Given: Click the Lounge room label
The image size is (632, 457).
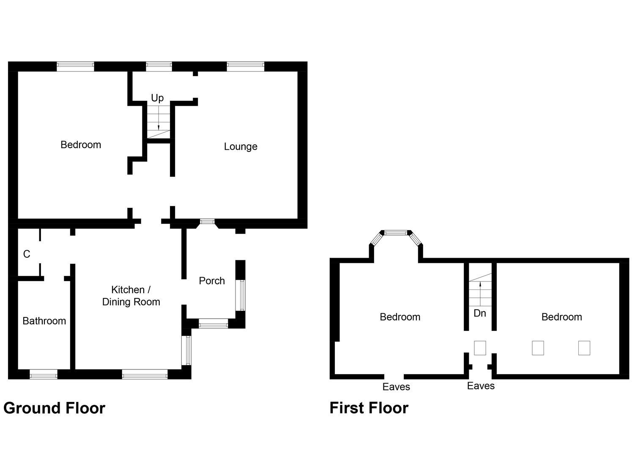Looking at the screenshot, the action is (241, 147).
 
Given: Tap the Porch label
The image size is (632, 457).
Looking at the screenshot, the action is (212, 281).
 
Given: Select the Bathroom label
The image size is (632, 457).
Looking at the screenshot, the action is (44, 321).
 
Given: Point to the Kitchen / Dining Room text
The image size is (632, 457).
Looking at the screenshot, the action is (131, 296).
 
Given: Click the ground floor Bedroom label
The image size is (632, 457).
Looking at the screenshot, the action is (81, 145).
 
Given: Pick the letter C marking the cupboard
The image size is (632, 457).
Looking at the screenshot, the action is (27, 254).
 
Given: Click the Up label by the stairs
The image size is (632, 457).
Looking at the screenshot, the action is (157, 98).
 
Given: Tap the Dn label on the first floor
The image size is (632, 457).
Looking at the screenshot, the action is (480, 314).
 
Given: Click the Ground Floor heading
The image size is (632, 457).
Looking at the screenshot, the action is (54, 408).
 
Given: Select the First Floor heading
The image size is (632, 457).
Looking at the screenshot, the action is (369, 408).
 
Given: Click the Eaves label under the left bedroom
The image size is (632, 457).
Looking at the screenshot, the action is (396, 387).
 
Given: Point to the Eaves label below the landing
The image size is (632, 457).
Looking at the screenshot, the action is (481, 386).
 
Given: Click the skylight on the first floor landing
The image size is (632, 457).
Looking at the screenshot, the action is (480, 348).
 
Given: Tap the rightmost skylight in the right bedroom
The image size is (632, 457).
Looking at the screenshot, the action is (584, 348).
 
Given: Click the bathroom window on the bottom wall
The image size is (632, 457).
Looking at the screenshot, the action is (44, 374).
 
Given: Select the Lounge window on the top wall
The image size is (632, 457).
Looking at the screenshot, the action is (245, 66).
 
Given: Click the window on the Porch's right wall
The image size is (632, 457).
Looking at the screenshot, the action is (241, 295).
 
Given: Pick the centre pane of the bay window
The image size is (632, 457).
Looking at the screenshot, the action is (396, 232).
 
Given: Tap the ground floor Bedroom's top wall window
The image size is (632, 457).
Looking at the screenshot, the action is (75, 66).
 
